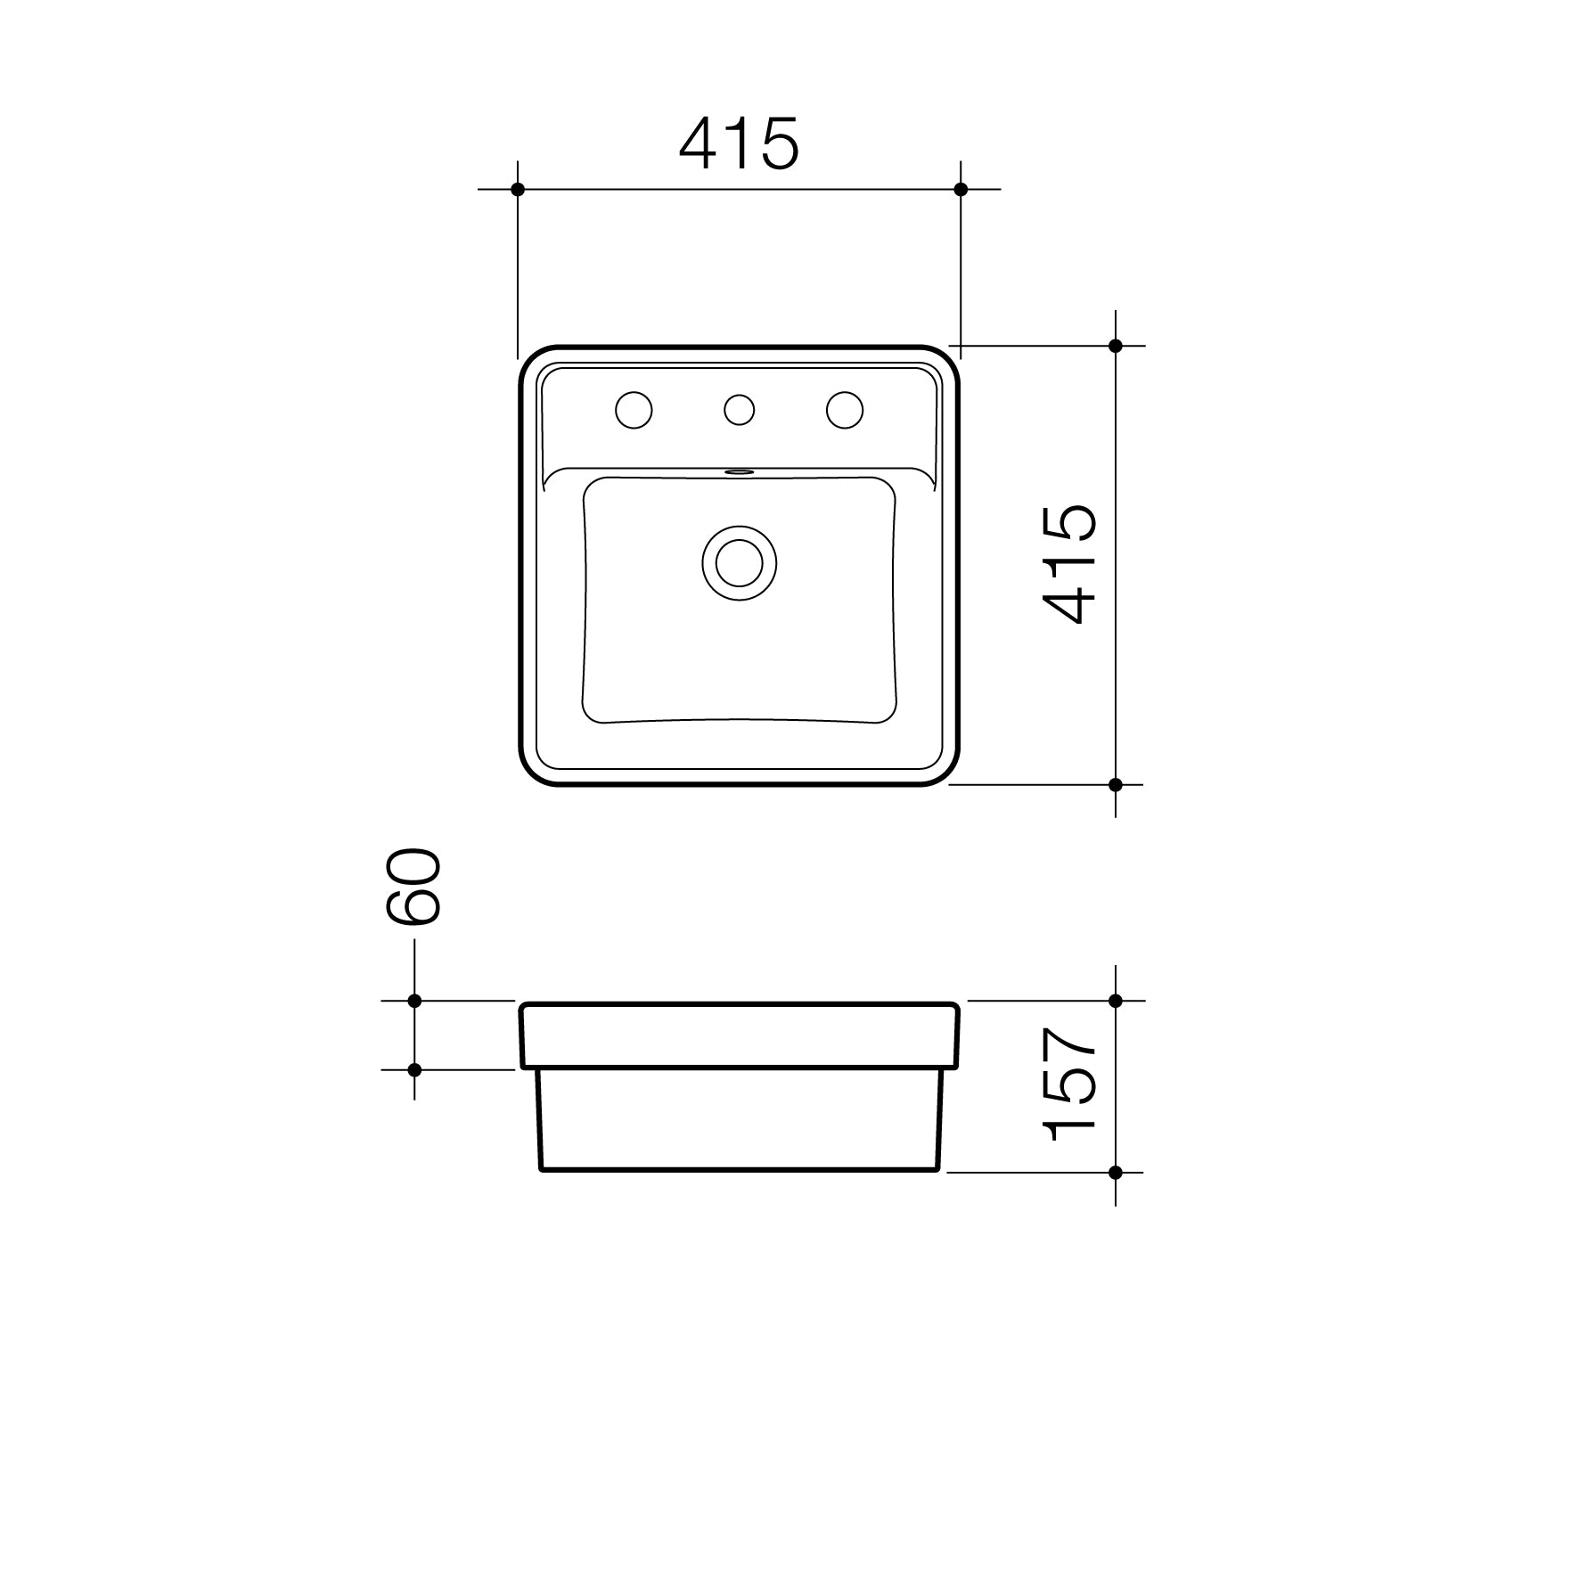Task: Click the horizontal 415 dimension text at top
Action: tap(739, 143)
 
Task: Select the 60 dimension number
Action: tap(413, 887)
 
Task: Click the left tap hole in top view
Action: tap(634, 411)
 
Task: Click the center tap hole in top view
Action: tap(739, 410)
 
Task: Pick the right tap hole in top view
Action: tap(844, 410)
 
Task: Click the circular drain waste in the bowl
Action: tap(739, 562)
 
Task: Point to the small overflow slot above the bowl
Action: tap(739, 472)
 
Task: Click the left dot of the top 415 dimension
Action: tap(518, 189)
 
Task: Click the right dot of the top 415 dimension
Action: tap(961, 189)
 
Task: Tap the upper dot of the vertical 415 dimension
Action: tap(1116, 346)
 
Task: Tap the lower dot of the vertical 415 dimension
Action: tap(1116, 784)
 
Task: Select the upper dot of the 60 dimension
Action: tap(414, 1001)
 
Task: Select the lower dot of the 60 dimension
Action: tap(414, 1069)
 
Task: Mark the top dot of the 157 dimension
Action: tap(1116, 1001)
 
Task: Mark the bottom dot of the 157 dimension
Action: tap(1116, 1173)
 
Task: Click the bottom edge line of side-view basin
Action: tap(740, 1169)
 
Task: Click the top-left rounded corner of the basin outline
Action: tap(531, 357)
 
